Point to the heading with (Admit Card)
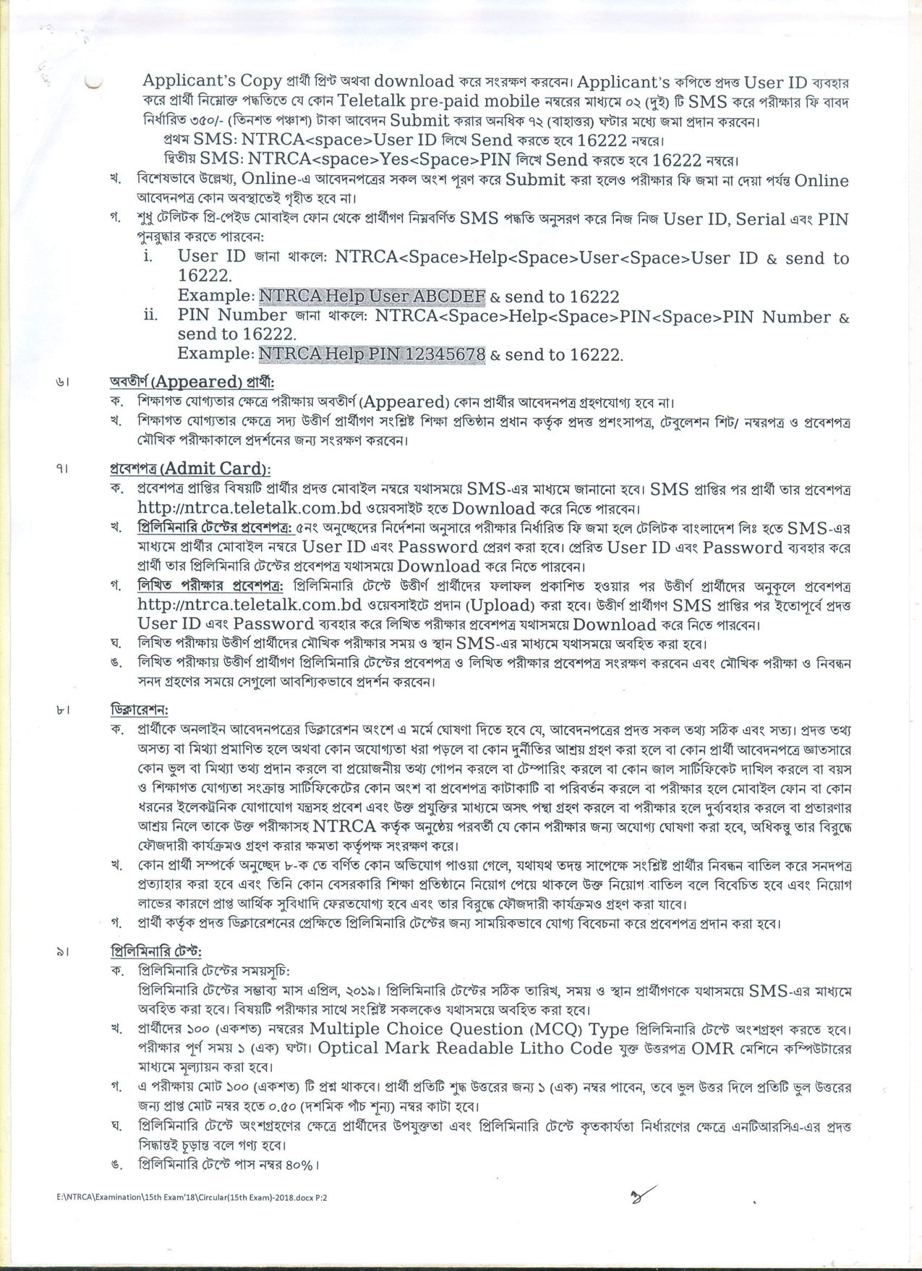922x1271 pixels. [189, 469]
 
